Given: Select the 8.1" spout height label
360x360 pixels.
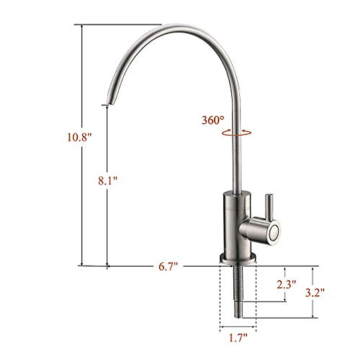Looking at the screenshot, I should point(107,181).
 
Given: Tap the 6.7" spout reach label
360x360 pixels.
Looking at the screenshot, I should point(168,266).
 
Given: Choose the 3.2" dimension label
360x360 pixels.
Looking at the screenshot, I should point(315,292).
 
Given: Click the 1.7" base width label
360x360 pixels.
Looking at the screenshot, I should point(238,339).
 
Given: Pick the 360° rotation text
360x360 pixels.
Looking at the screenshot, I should point(213,120).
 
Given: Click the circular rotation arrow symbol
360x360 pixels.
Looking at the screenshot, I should point(236,133).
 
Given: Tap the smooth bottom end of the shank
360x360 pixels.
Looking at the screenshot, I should point(238,312).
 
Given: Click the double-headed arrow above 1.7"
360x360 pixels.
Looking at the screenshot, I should point(238,327).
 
